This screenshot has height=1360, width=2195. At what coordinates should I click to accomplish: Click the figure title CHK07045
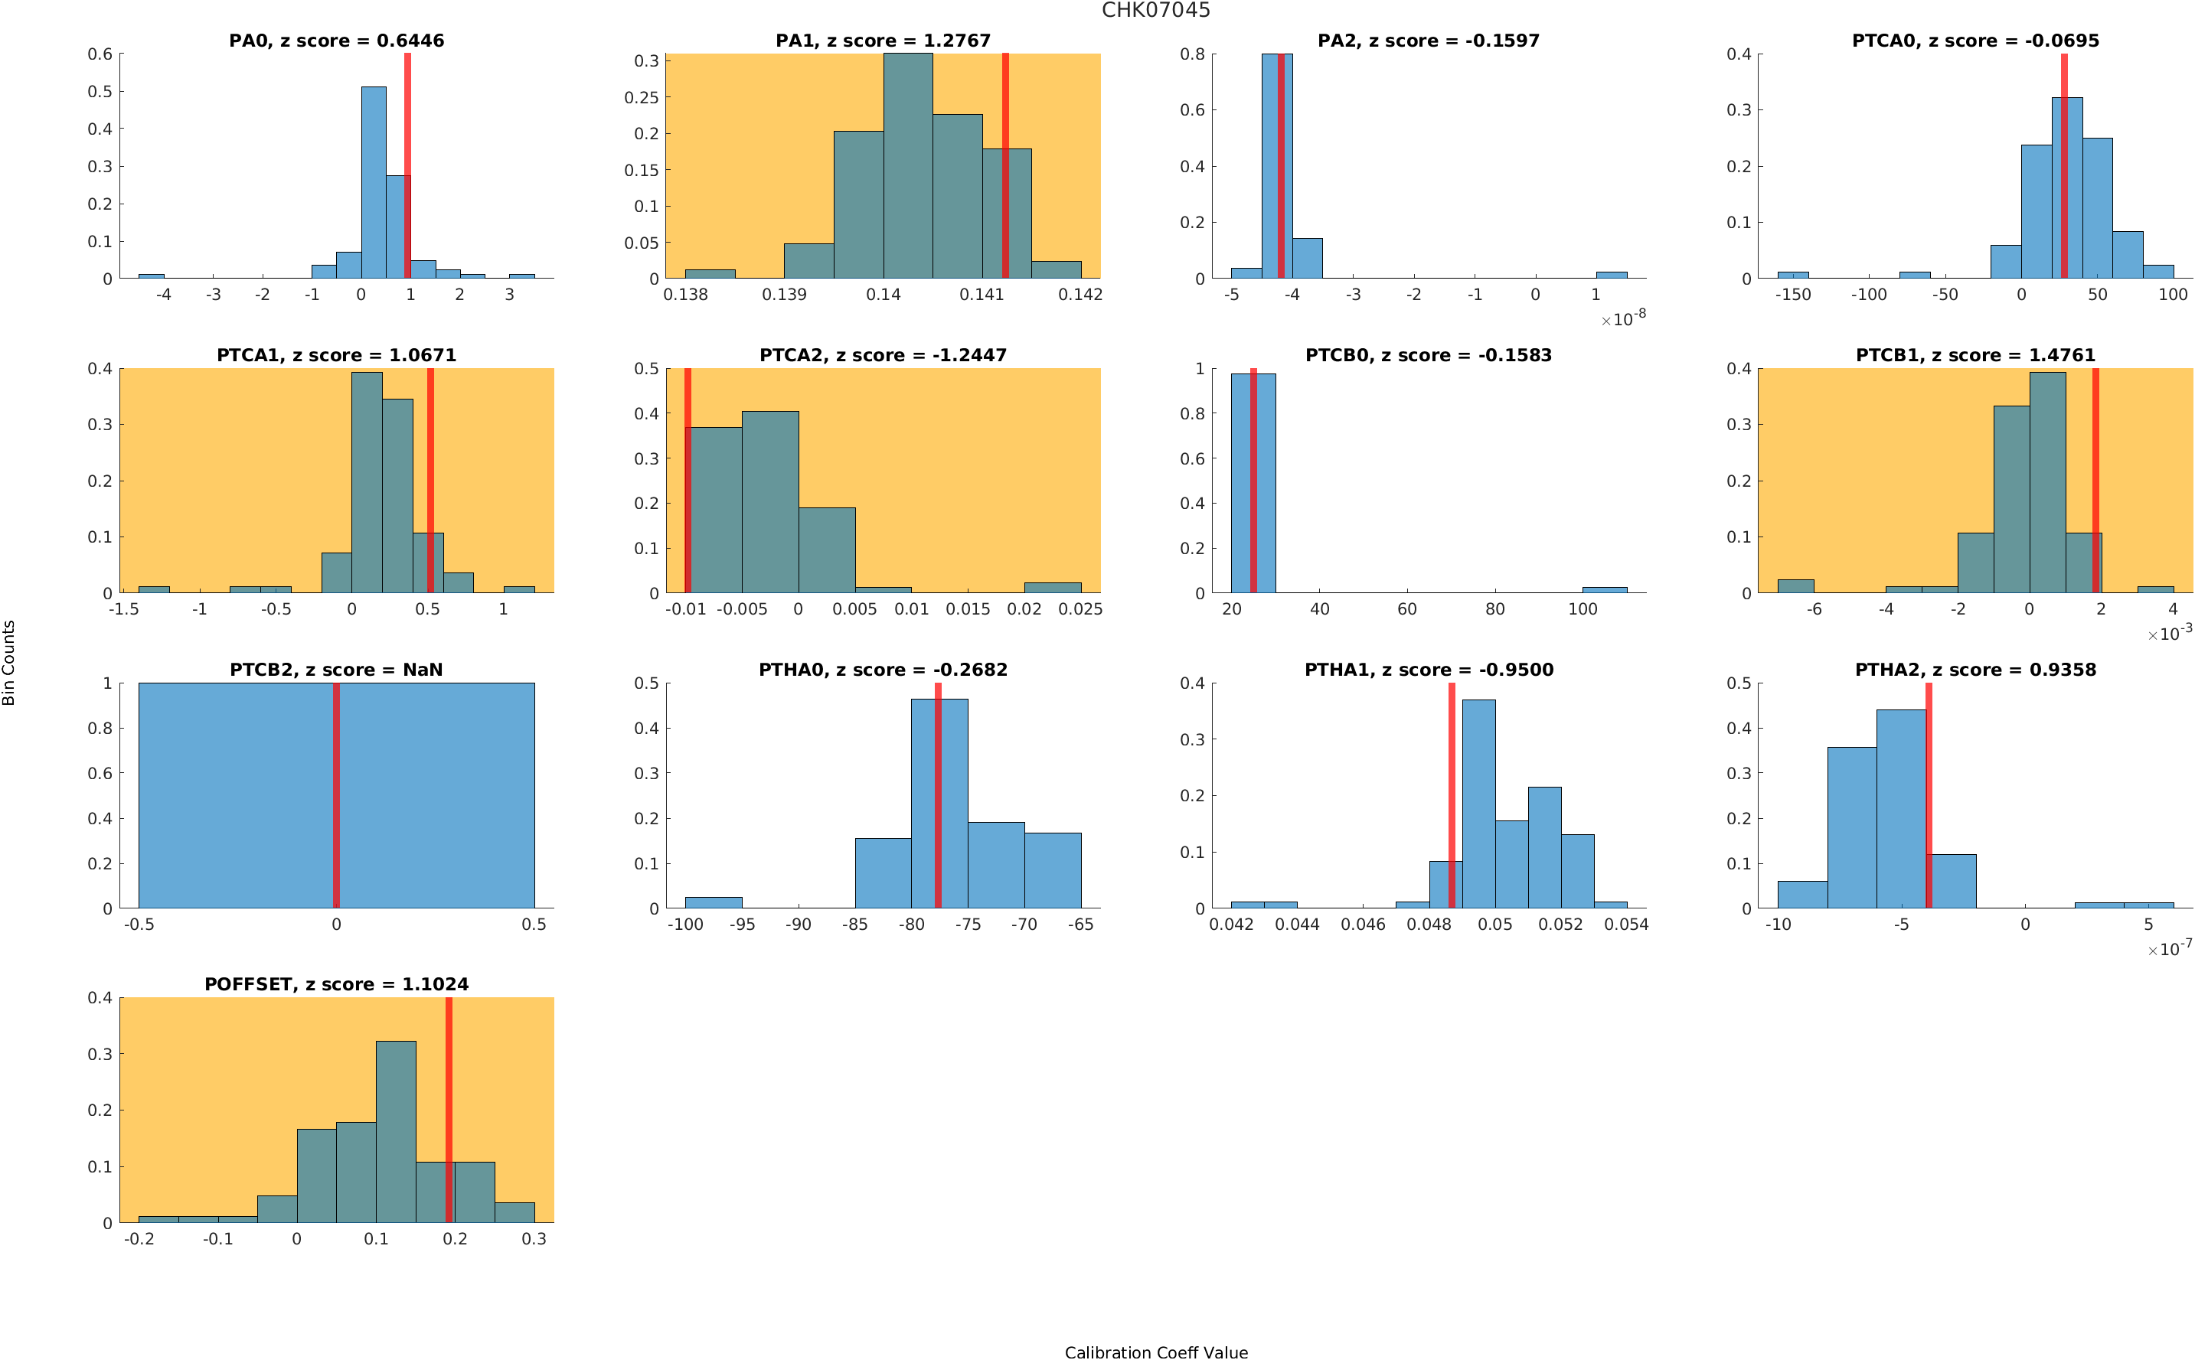[1155, 11]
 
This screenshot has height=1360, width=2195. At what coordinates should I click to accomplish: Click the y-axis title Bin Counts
[9, 662]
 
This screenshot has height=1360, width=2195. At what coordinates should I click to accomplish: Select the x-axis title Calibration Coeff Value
[1155, 1351]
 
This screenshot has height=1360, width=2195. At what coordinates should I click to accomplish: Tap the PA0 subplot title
[336, 41]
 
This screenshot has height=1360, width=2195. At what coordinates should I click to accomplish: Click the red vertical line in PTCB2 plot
[336, 795]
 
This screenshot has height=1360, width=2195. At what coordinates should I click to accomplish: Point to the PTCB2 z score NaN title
[336, 670]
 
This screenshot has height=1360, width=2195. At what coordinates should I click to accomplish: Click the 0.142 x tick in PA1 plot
[1080, 295]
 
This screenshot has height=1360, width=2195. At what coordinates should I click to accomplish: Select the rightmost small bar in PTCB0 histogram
[1604, 590]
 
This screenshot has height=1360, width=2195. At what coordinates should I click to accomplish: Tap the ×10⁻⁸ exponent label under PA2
[1623, 318]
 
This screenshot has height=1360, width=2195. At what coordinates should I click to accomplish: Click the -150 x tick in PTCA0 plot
[1792, 295]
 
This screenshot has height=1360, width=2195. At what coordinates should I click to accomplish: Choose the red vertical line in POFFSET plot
[449, 1110]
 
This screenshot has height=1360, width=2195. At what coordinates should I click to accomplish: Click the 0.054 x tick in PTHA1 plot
[1626, 925]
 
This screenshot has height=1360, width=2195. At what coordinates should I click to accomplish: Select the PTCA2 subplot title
[883, 355]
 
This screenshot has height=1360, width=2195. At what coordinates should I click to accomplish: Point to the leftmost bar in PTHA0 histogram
[714, 902]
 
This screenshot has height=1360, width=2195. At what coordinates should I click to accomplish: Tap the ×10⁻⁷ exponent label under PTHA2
[2169, 949]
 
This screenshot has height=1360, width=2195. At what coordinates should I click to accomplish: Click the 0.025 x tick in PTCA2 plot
[1080, 610]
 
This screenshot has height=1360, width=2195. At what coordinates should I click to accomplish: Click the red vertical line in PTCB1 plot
[2095, 481]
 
